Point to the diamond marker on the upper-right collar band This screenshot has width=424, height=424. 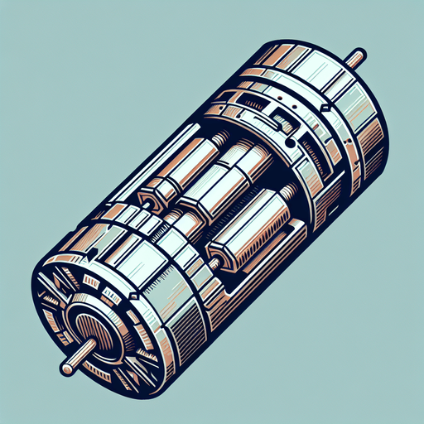click(326, 108)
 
